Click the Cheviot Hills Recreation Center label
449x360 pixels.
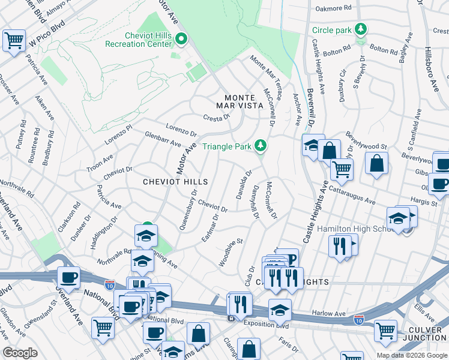[139, 40]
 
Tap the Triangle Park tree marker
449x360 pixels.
[261, 146]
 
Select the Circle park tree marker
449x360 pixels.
[361, 29]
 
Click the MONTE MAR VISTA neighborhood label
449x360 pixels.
[244, 101]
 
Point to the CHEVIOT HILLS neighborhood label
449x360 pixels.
[175, 182]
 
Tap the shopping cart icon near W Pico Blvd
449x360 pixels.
[14, 41]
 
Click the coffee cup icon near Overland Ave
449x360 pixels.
[68, 277]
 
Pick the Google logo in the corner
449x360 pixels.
[20, 353]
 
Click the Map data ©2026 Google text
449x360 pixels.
[412, 355]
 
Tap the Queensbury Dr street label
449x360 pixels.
[187, 210]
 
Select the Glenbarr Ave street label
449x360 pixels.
[163, 140]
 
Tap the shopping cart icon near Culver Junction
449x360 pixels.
[385, 330]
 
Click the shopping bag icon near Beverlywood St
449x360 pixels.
[376, 162]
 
